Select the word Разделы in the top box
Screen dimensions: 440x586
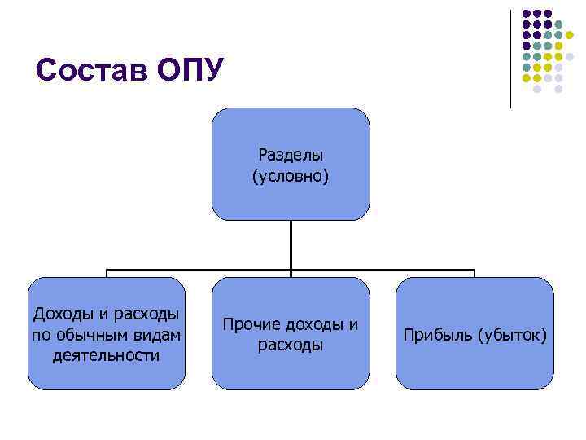(x=291, y=154)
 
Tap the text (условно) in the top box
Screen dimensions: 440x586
(x=291, y=175)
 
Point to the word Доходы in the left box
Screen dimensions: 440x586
(x=59, y=315)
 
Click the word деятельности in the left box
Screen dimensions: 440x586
(x=105, y=355)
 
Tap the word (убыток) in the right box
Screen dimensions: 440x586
(x=513, y=335)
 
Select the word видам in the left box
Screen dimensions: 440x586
(x=159, y=335)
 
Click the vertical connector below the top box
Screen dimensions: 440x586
(x=291, y=244)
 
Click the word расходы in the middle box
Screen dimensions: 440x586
(x=291, y=345)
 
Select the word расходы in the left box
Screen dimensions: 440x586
(x=147, y=315)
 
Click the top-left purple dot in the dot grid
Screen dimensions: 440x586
(x=526, y=14)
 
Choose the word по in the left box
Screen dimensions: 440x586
(x=40, y=335)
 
